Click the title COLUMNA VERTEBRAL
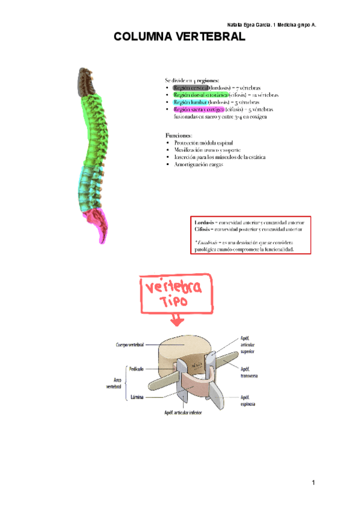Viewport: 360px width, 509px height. [179, 37]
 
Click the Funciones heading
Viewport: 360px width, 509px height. [178, 136]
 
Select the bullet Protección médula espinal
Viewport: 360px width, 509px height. [202, 143]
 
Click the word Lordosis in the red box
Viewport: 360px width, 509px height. [204, 222]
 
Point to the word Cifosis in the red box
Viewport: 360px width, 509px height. [203, 229]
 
